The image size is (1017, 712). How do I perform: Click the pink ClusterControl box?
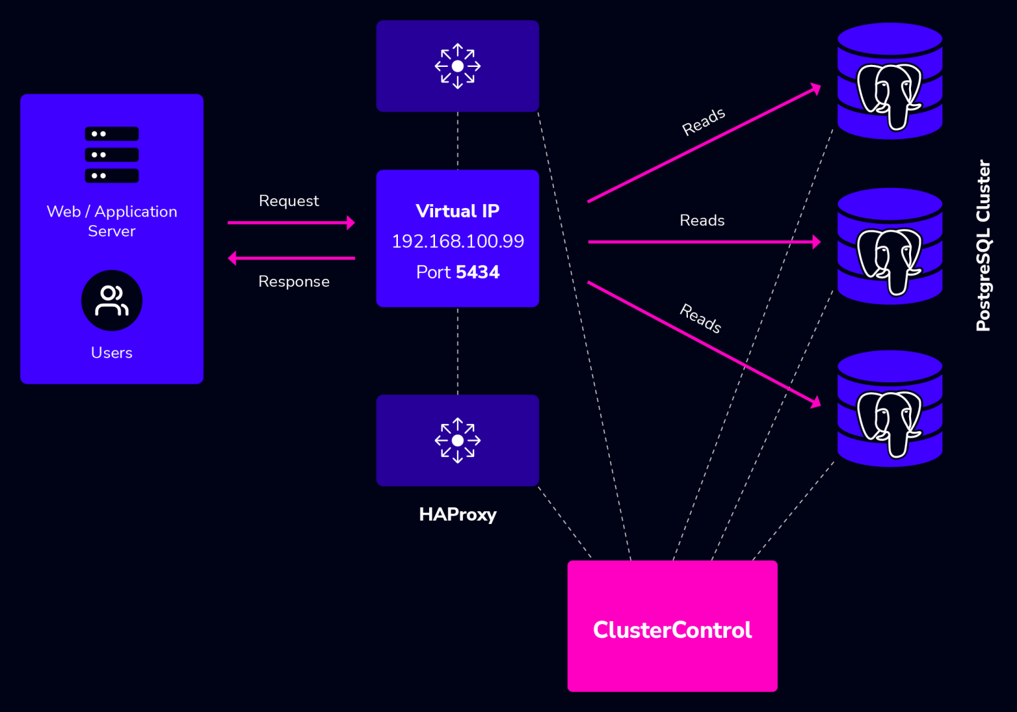click(672, 626)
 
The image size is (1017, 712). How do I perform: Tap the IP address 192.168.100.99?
click(458, 241)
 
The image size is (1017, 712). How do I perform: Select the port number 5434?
click(477, 272)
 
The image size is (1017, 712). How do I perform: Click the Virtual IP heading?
click(458, 211)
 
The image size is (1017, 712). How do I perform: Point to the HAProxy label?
click(458, 515)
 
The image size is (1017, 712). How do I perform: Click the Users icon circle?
click(112, 301)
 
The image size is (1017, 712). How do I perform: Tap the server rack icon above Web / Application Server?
click(112, 154)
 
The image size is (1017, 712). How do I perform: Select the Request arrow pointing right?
click(291, 223)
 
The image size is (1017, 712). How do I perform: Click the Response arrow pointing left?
click(291, 258)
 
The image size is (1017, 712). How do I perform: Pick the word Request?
click(289, 201)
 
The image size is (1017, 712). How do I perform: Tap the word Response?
click(294, 281)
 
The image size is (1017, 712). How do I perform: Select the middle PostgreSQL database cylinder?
click(889, 246)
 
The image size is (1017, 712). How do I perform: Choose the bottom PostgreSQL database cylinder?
click(889, 409)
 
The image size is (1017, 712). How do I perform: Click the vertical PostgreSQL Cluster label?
click(983, 245)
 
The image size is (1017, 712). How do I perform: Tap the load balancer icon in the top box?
click(458, 66)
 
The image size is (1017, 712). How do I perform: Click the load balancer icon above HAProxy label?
click(458, 440)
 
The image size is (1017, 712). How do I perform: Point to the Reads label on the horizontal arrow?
click(702, 221)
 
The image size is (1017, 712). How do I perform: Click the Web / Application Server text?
click(112, 221)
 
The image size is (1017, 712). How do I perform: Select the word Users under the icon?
click(112, 352)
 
